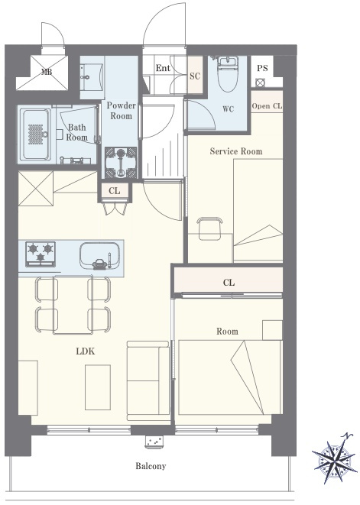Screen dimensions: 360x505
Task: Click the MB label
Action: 47,72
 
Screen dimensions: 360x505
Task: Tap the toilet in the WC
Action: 228,74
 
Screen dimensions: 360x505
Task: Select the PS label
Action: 262,68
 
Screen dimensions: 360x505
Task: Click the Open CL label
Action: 267,106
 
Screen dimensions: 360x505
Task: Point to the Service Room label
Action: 236,151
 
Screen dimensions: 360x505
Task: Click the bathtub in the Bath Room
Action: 36,134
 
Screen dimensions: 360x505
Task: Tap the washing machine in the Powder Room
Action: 121,163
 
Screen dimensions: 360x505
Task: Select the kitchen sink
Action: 99,255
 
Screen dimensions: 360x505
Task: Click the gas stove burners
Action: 41,254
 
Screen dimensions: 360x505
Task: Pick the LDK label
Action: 86,351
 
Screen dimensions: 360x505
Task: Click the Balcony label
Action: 151,466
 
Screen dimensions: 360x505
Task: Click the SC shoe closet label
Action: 195,76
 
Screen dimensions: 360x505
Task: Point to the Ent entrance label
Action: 163,68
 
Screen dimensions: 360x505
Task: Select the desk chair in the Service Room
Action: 210,228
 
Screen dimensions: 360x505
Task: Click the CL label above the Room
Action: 229,283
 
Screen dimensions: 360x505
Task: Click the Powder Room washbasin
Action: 92,77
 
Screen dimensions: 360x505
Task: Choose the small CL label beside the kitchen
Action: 115,191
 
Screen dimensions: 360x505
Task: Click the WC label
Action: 229,109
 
